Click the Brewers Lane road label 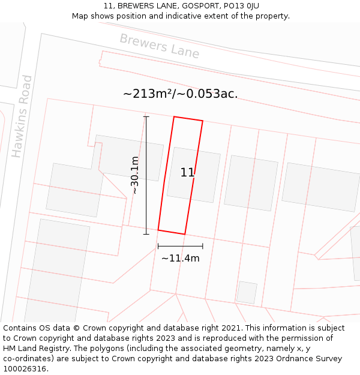[159, 46]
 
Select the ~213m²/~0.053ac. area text [180, 94]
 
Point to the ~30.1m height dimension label [135, 175]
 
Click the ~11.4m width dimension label [180, 259]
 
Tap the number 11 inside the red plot [187, 173]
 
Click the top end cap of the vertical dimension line [146, 116]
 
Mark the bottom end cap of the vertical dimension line [146, 234]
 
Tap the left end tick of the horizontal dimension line [158, 246]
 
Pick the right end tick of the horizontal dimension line [203, 246]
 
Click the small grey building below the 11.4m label [247, 292]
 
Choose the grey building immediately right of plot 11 [251, 183]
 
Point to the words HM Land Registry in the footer [33, 349]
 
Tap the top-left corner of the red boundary [174, 116]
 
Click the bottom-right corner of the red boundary [184, 234]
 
